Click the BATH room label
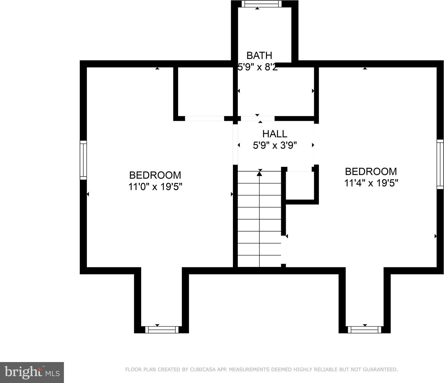(259, 55)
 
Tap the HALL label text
(275, 134)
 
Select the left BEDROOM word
(155, 175)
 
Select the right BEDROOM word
(371, 171)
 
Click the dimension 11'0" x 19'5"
(155, 187)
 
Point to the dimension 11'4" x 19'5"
(371, 183)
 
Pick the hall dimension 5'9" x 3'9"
(275, 145)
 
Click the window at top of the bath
(261, 4)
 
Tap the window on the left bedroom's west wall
(83, 160)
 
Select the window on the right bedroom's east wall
(440, 164)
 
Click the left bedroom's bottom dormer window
(162, 330)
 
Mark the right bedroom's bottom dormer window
(365, 330)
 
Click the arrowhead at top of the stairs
(259, 174)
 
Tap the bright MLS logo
(32, 372)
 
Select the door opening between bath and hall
(258, 119)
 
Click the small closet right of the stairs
(300, 185)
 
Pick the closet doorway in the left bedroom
(204, 119)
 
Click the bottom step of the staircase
(259, 261)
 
